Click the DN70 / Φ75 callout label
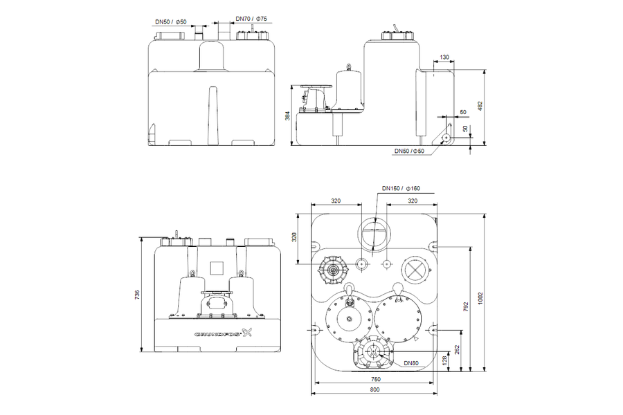tap(251, 19)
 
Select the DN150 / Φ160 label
tap(401, 188)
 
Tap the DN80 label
tap(411, 363)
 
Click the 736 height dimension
tap(137, 295)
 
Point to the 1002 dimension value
tap(480, 298)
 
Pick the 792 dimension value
tap(467, 307)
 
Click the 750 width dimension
tap(375, 379)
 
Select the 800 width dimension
tap(374, 389)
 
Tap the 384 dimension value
tap(288, 116)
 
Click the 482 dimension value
tap(480, 106)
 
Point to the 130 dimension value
tap(444, 57)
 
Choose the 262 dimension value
tap(457, 350)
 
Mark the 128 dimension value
tap(444, 360)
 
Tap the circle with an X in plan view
tap(415, 270)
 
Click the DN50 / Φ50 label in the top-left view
tap(171, 22)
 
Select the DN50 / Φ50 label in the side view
tap(409, 151)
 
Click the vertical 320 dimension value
tap(294, 237)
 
